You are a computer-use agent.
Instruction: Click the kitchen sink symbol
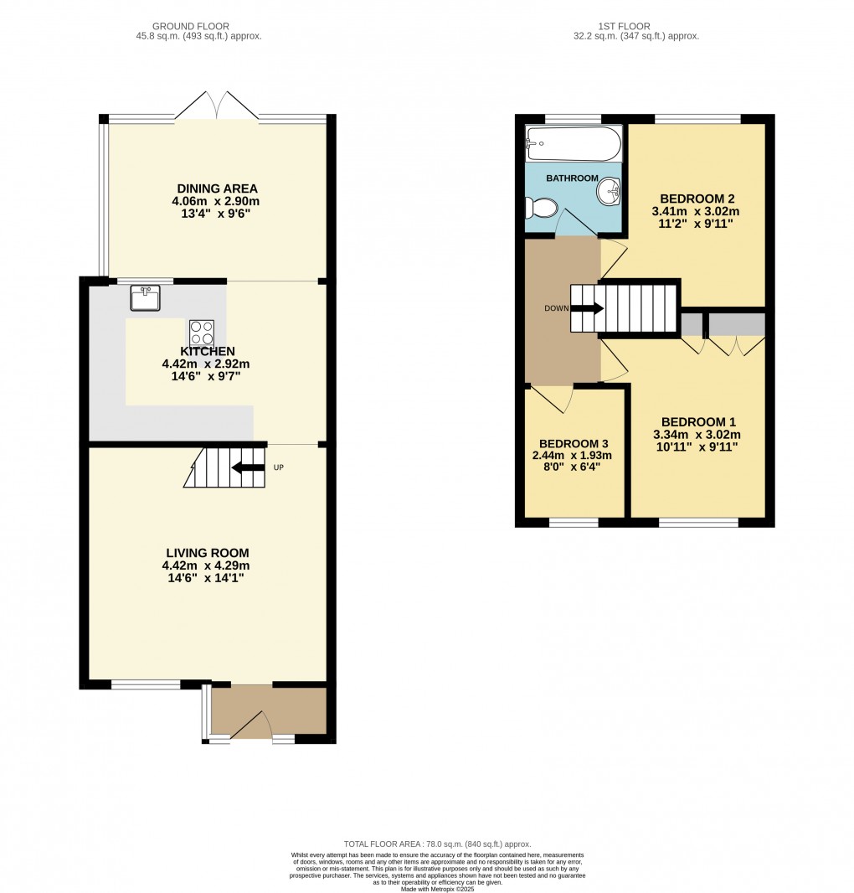pos(146,297)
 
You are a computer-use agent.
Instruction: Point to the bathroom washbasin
pos(608,194)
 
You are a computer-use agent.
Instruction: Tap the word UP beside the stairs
pos(279,467)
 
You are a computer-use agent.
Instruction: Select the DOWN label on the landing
pos(556,308)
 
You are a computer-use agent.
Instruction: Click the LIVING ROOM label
pos(207,553)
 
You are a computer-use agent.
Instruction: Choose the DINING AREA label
pos(217,188)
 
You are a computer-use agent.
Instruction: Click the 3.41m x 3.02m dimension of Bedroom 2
pos(697,212)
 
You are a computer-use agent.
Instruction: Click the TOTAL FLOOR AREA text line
pos(437,844)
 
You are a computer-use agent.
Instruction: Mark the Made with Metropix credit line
pos(437,889)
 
